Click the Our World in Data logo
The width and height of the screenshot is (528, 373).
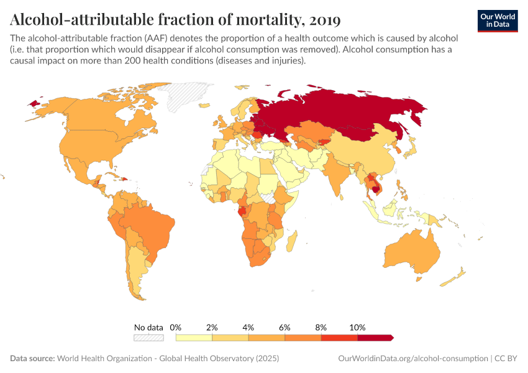click(x=497, y=20)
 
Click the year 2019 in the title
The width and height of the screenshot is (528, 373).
click(x=324, y=20)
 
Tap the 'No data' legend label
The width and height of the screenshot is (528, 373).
click(x=148, y=327)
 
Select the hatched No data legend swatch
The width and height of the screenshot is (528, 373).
click(x=148, y=338)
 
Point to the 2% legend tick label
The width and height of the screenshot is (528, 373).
click(x=212, y=327)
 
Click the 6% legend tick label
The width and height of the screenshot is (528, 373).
click(x=284, y=327)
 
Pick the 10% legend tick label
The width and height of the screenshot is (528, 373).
click(x=358, y=327)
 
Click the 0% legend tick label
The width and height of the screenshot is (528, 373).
click(x=176, y=327)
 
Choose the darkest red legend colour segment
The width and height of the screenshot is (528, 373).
click(x=375, y=338)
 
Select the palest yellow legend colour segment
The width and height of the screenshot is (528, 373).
click(x=194, y=338)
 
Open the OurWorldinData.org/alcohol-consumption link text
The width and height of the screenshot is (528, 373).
click(x=413, y=359)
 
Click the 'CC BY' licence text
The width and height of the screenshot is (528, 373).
click(x=506, y=359)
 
